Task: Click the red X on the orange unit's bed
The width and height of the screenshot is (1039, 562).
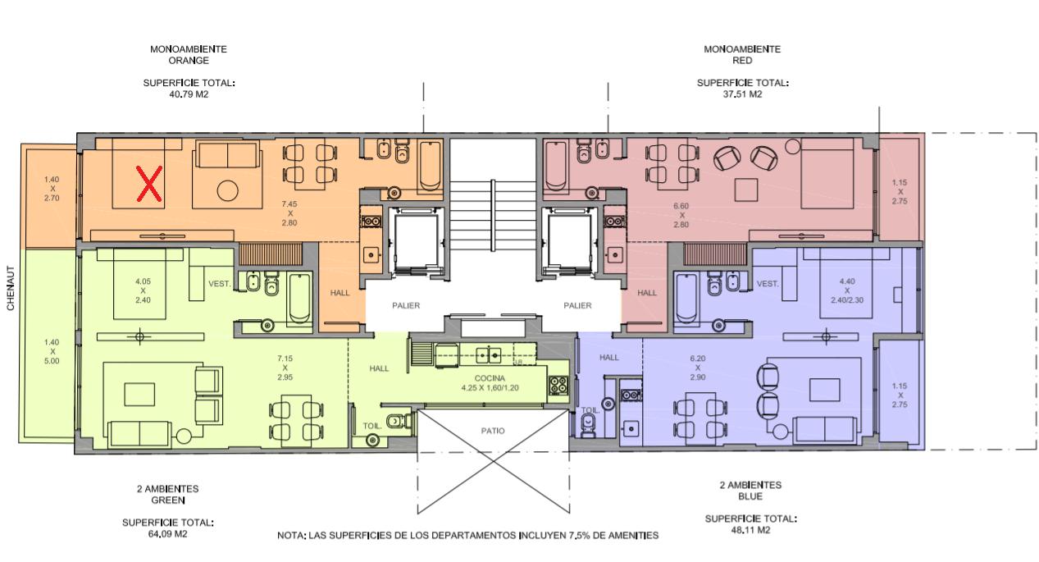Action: point(149,184)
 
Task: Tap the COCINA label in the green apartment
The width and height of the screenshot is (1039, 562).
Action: point(490,378)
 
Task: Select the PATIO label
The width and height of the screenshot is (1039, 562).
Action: point(493,431)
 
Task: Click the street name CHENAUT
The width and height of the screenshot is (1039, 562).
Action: point(11,288)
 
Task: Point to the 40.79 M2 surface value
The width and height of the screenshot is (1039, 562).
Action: point(189,94)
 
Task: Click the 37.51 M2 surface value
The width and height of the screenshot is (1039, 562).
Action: point(742,94)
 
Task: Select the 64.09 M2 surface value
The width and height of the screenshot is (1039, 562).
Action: point(167,533)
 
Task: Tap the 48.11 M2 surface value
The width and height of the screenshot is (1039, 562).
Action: point(750,530)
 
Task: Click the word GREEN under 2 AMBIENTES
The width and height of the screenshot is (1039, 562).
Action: point(168,500)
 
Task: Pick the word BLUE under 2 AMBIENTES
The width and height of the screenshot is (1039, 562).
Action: point(750,496)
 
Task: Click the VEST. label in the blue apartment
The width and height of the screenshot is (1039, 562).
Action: point(768,284)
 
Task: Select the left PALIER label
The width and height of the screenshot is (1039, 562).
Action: point(406,305)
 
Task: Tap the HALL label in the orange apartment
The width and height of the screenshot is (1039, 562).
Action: point(340,293)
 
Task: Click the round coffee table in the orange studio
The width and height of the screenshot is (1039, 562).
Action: point(228,190)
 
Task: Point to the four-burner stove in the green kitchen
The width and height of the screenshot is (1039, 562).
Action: point(558,385)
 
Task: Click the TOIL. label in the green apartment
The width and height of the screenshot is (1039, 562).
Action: point(372,426)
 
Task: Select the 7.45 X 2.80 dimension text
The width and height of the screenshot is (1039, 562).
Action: point(289,213)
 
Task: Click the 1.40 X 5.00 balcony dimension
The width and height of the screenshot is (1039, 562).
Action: point(52,352)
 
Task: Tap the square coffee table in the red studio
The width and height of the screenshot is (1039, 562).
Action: point(746,190)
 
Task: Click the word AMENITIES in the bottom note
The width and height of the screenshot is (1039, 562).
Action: point(631,536)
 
